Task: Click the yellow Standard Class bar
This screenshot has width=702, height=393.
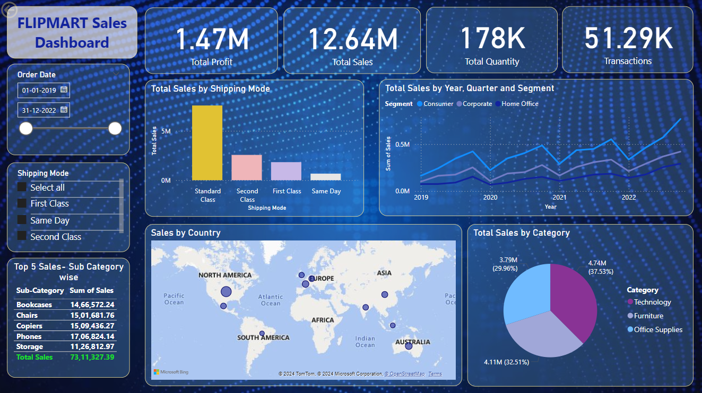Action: pyautogui.click(x=207, y=143)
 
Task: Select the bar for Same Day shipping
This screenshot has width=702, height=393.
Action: pyautogui.click(x=326, y=177)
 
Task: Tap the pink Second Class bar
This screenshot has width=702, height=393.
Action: pyautogui.click(x=247, y=167)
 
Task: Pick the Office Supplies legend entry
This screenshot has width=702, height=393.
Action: pyautogui.click(x=658, y=329)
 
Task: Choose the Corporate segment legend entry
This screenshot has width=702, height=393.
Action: pyautogui.click(x=477, y=104)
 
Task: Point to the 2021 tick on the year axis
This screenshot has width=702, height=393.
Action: pyautogui.click(x=559, y=198)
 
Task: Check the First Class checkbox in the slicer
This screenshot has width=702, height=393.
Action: pyautogui.click(x=22, y=203)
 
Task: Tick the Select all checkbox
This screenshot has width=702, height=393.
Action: pyautogui.click(x=22, y=187)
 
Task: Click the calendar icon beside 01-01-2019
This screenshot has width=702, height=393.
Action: pyautogui.click(x=64, y=90)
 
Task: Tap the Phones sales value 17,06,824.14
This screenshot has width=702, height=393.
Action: pyautogui.click(x=92, y=336)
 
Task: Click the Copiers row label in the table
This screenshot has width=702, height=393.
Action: pyautogui.click(x=29, y=326)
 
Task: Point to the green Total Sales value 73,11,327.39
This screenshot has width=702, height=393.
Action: pyautogui.click(x=92, y=357)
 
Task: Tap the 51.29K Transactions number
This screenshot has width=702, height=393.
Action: pyautogui.click(x=628, y=38)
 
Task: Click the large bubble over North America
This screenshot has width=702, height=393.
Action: pyautogui.click(x=226, y=291)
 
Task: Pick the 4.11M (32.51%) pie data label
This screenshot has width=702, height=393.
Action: pyautogui.click(x=506, y=362)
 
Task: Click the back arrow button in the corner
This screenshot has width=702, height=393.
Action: pyautogui.click(x=10, y=10)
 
